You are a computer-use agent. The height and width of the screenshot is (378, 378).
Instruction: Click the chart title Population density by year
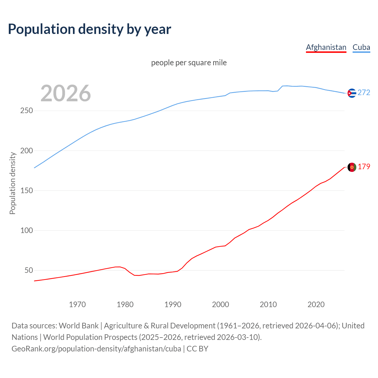(89, 29)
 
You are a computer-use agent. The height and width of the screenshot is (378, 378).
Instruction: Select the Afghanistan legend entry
(326, 47)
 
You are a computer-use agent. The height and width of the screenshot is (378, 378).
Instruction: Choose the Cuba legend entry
(361, 47)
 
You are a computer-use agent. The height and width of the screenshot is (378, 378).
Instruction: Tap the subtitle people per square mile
(189, 63)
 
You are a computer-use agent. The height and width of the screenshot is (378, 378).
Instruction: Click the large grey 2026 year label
(66, 93)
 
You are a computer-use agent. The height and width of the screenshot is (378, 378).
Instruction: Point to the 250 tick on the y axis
(27, 111)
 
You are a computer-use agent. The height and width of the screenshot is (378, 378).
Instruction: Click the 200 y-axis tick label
(27, 151)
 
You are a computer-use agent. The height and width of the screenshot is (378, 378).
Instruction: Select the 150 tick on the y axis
(27, 190)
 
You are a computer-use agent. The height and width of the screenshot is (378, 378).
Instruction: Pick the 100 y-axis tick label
(27, 230)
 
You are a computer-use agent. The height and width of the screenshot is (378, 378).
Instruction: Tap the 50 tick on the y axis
(29, 270)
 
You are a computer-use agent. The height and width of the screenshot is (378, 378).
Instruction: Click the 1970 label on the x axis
(77, 304)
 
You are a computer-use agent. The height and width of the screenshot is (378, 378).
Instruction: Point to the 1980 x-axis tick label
(125, 304)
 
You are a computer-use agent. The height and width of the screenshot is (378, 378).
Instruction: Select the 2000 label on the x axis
(221, 304)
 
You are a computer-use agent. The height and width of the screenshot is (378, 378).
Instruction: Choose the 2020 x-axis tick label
(316, 304)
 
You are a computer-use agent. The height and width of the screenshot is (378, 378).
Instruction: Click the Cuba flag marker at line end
(352, 93)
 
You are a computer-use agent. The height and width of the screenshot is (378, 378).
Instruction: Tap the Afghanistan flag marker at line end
(352, 167)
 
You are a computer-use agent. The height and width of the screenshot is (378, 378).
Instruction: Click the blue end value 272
(364, 92)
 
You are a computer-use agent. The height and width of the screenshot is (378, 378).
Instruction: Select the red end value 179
(364, 167)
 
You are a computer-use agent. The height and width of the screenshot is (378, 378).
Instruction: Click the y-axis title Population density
(12, 183)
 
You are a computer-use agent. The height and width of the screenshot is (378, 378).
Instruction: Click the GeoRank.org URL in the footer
(96, 348)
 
